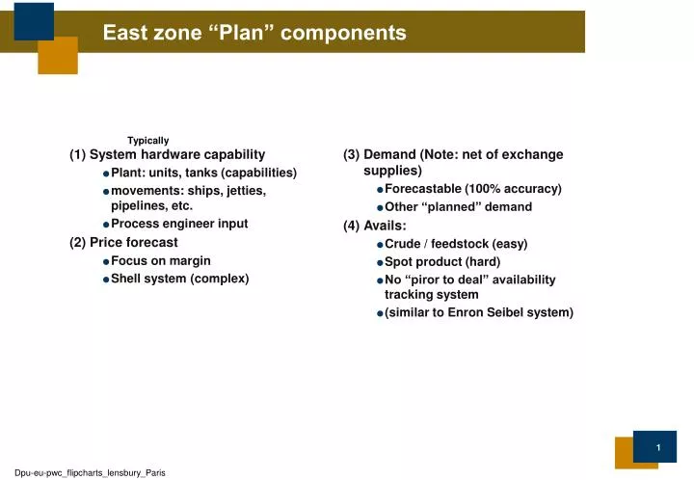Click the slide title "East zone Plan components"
254,33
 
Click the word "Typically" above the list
147,141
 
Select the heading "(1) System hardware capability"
167,154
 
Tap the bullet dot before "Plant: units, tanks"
105,173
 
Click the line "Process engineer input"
179,224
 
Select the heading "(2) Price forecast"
123,243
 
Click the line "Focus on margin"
161,261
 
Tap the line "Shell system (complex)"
179,279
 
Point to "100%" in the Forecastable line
489,189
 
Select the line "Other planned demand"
458,207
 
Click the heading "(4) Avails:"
374,226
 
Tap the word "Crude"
403,244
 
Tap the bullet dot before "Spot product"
381,263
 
